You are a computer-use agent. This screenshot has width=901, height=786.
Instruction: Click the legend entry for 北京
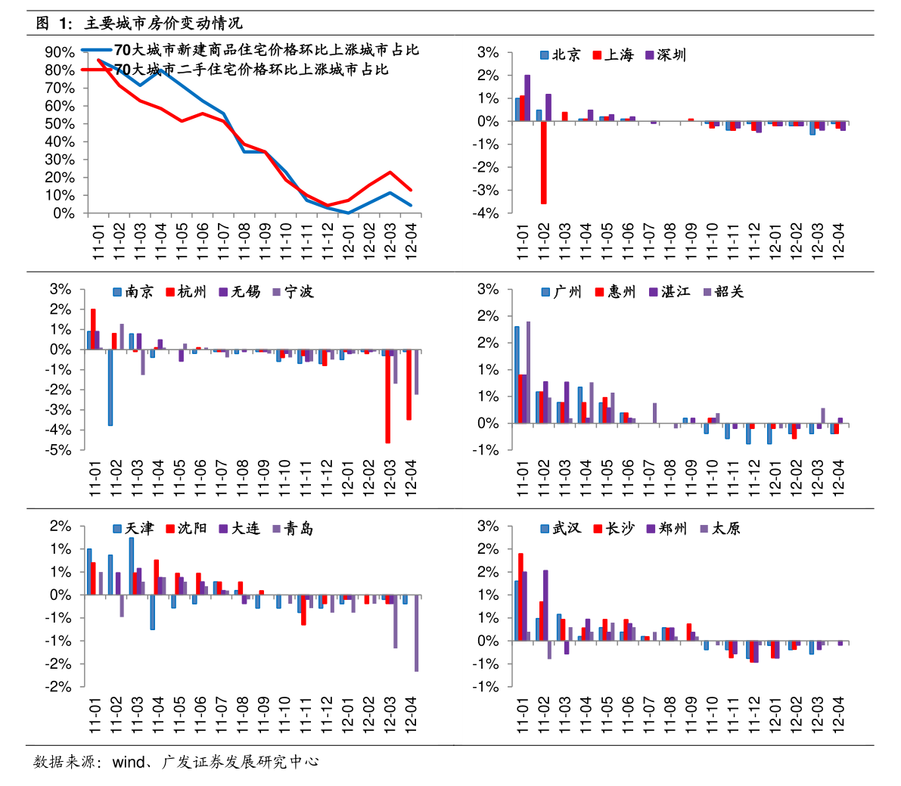561,55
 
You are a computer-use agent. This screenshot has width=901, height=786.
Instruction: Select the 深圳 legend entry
666,55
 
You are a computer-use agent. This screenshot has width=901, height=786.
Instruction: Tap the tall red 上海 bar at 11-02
543,162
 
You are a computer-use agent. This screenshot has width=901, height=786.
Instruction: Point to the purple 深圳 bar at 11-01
527,98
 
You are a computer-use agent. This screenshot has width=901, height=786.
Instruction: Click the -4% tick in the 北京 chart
487,213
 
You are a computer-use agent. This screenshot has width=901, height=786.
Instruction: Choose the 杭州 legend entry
186,292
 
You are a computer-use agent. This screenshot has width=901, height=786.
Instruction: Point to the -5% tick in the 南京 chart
60,450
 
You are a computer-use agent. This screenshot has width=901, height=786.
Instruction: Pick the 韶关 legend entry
723,292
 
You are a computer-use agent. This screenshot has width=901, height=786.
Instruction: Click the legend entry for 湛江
670,292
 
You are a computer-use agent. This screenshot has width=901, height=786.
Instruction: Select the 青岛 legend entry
293,529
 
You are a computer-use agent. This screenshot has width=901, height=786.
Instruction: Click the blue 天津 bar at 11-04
152,612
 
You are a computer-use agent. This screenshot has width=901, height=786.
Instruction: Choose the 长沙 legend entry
614,529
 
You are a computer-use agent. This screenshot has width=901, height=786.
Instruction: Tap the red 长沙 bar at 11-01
520,597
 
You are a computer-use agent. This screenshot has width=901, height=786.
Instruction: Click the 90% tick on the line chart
60,52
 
